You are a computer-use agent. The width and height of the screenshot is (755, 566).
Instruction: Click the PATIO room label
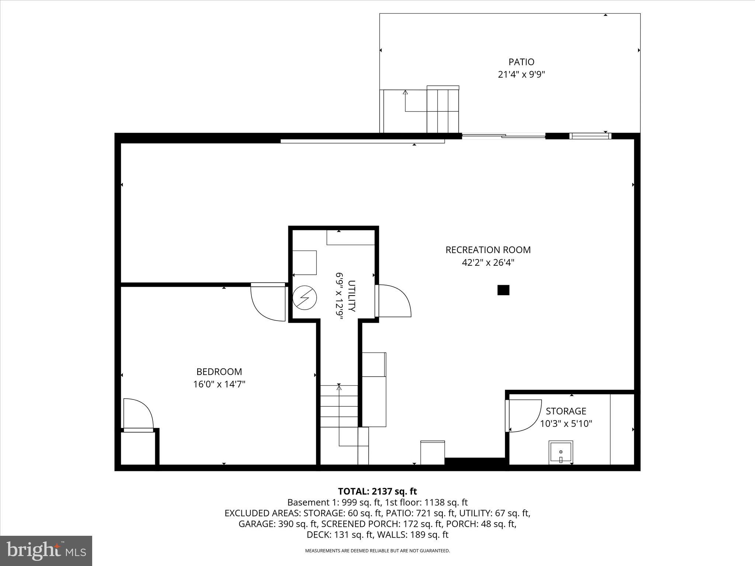point(521,62)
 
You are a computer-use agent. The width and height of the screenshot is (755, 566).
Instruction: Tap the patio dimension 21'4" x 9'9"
point(521,75)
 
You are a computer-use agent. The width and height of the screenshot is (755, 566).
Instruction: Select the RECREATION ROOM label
point(488,250)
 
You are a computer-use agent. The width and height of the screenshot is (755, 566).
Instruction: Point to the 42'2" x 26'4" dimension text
point(488,263)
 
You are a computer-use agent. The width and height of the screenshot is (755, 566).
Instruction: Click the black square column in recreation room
point(503,290)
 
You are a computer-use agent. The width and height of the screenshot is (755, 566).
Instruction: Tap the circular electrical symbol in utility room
point(305,298)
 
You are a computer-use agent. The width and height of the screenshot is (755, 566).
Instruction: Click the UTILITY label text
point(351,296)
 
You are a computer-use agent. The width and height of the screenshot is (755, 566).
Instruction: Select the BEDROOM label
point(219,371)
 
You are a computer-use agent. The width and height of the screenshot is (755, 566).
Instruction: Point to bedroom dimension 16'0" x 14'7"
point(219,384)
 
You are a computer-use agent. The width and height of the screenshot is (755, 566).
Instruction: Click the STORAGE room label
point(566,411)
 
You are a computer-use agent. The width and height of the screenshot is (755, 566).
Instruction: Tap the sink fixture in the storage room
point(561,452)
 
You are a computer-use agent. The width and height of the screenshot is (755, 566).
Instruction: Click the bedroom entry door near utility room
point(268,302)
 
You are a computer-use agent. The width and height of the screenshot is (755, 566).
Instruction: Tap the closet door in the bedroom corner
point(138,414)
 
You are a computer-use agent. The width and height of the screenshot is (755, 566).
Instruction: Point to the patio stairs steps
point(443,111)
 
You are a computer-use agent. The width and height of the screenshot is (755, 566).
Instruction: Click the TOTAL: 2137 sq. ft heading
point(377,491)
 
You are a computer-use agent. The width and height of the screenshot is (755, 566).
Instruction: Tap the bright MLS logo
point(46,551)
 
